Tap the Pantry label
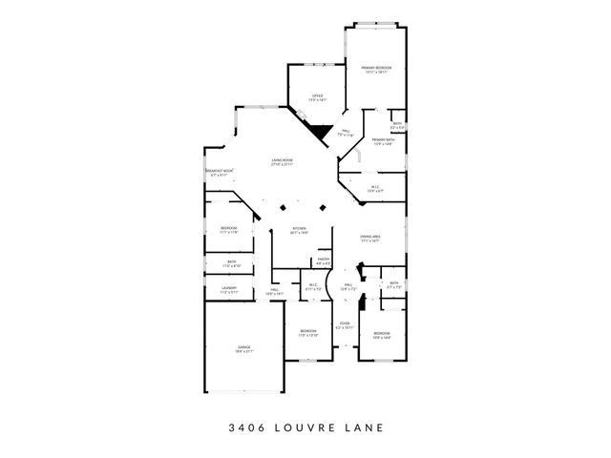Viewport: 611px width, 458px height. pyautogui.click(x=324, y=260)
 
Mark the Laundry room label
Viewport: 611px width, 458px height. pyautogui.click(x=229, y=289)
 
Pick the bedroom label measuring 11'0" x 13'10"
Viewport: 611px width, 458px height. pyautogui.click(x=307, y=333)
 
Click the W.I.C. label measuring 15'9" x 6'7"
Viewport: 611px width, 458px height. pyautogui.click(x=375, y=189)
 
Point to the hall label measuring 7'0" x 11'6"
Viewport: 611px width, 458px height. pyautogui.click(x=346, y=133)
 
